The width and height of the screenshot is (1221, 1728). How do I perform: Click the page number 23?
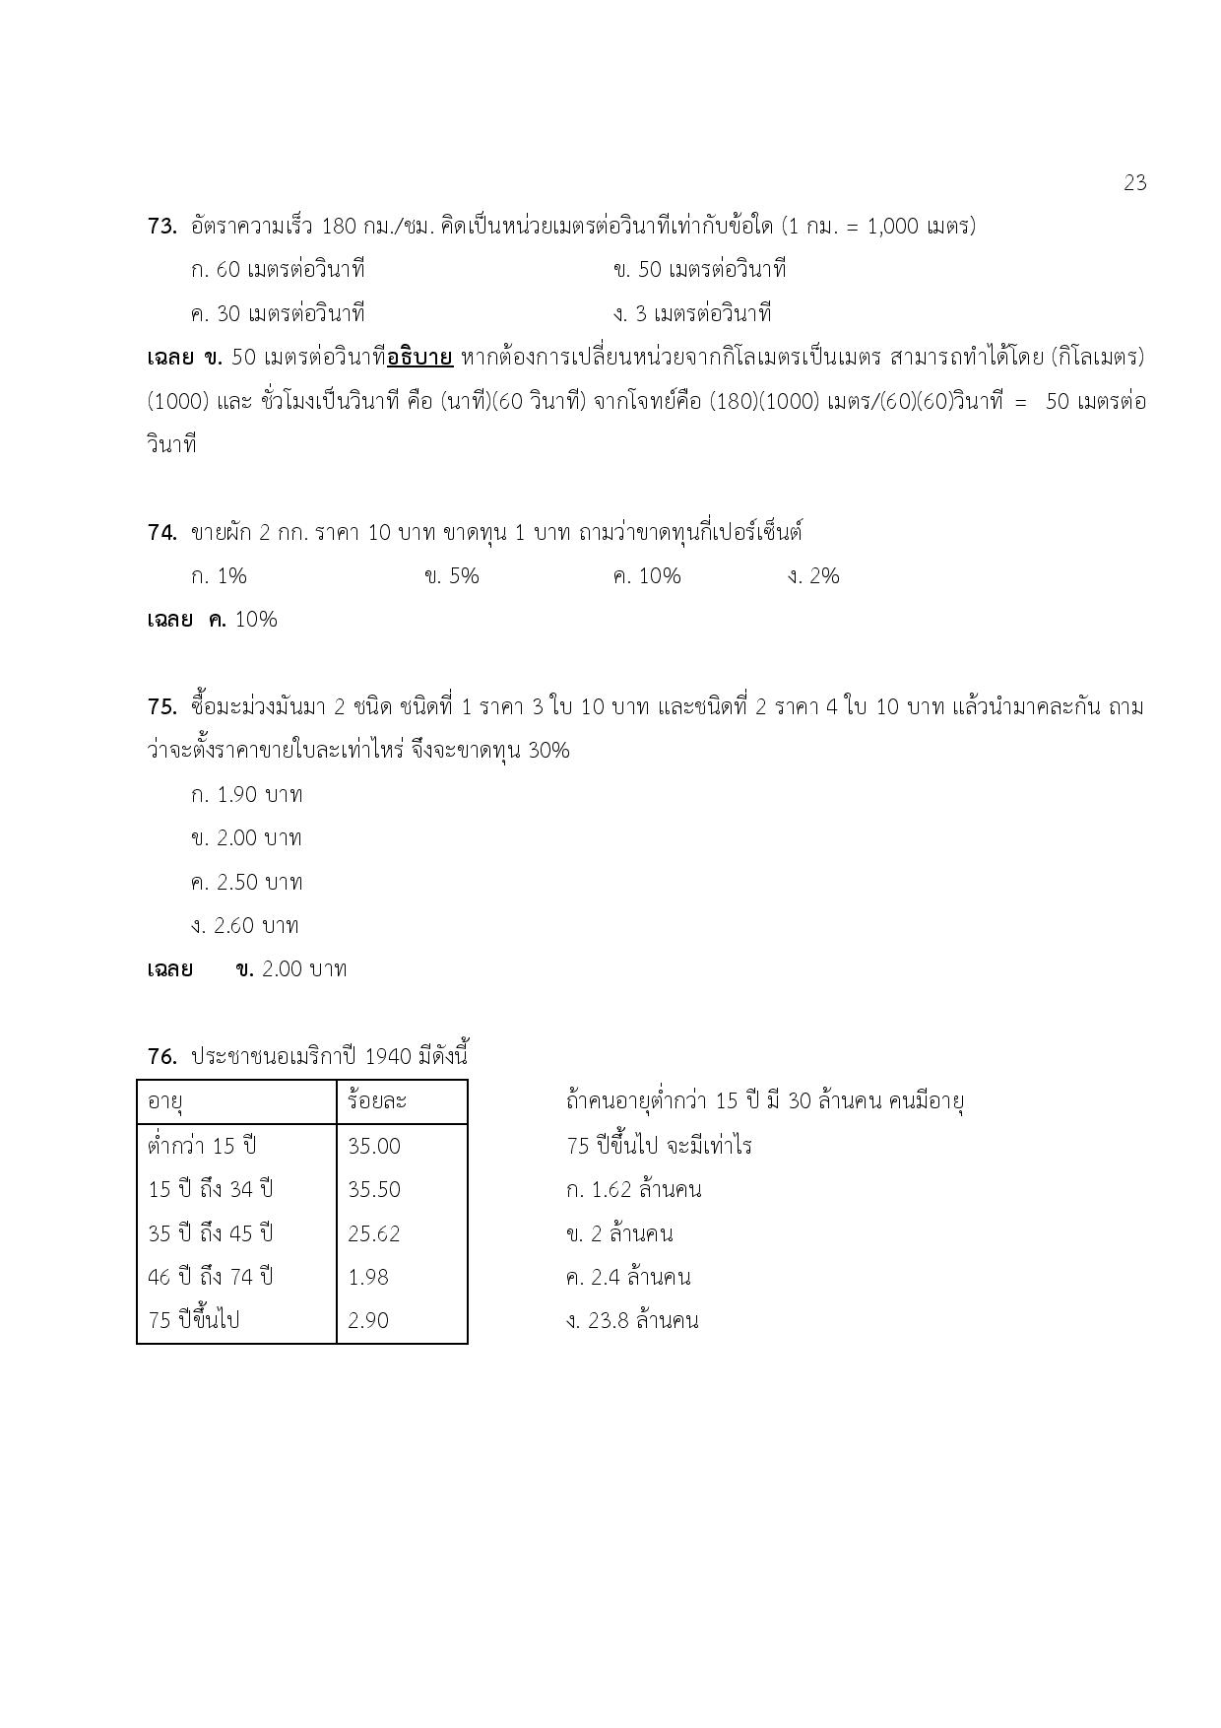coord(1134,183)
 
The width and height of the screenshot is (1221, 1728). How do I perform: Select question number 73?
coord(161,227)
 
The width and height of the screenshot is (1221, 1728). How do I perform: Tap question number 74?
coord(161,533)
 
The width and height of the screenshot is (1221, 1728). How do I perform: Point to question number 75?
coord(161,707)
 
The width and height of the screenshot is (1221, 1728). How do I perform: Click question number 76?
coord(161,1057)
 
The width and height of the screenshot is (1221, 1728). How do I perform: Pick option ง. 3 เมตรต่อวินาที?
coord(690,314)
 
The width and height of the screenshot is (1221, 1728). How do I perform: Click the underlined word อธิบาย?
coord(419,358)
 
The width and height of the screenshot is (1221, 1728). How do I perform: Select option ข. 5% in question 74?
coord(452,576)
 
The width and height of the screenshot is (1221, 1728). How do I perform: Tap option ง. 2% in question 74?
coord(812,576)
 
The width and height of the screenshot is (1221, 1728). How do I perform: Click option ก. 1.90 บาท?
coord(246,795)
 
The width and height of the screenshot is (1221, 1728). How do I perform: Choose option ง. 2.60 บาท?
coord(244,926)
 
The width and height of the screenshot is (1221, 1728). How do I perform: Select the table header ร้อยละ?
coord(376,1101)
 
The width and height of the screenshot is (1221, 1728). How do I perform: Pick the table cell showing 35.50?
coord(374,1190)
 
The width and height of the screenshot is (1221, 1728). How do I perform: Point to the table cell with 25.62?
coord(374,1233)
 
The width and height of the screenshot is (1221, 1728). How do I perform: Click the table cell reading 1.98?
coord(368,1278)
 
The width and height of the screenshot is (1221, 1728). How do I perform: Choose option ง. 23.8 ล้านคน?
coord(632,1321)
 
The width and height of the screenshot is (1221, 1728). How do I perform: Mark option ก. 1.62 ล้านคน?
coord(633,1190)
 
